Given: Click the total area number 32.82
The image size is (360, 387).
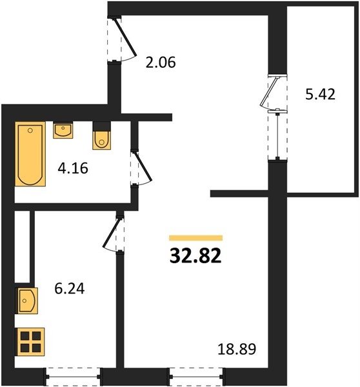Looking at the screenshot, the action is (195, 255).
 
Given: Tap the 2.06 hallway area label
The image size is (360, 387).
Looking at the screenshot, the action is (161, 62).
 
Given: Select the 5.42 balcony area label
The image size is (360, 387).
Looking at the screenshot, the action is (320, 94).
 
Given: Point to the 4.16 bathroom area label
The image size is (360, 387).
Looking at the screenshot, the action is (73, 168).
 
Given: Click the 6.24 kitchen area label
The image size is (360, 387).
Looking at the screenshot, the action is (70, 288).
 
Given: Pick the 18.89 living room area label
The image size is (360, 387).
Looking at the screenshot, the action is (237, 349).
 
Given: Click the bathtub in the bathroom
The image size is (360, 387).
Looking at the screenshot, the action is (30, 154).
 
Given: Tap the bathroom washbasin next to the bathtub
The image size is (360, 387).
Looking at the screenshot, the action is (63, 130).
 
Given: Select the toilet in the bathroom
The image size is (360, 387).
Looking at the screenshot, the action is (101, 136).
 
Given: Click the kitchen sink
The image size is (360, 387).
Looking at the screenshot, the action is (26, 301).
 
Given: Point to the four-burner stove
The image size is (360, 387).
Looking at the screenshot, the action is (30, 342).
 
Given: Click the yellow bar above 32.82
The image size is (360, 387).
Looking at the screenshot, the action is (195, 238).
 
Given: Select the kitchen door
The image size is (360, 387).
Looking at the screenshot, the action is (112, 233).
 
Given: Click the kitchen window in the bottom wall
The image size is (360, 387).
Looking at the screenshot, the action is (74, 377).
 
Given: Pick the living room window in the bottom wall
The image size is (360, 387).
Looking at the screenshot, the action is (196, 377).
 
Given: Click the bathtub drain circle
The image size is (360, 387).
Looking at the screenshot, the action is (30, 130).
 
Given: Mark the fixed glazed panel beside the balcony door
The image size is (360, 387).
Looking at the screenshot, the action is (278, 135).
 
